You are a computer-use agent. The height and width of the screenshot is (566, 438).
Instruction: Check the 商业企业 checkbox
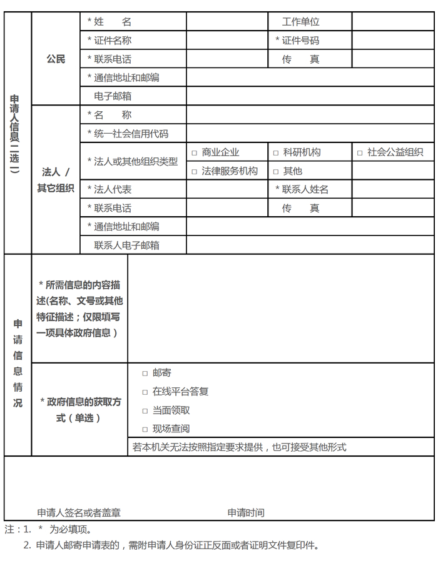tap(195, 153)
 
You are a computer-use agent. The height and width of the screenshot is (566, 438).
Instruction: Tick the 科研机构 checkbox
tap(276, 153)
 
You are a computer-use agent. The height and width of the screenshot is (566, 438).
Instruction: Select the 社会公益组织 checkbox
tap(360, 153)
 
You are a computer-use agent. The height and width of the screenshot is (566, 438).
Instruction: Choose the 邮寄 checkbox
tap(145, 374)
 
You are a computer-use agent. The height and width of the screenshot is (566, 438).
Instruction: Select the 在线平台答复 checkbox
tap(145, 392)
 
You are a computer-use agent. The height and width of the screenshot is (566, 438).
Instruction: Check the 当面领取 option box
tap(145, 411)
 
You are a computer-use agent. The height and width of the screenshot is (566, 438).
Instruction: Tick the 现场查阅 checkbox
tap(145, 430)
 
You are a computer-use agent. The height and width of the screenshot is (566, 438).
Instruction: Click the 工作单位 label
tap(300, 22)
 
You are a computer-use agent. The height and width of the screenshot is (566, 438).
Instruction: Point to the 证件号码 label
tap(297, 41)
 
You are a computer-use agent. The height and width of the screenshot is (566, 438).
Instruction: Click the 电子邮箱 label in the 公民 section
tap(113, 97)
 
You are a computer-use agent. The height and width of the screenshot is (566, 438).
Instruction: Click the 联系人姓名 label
tap(302, 189)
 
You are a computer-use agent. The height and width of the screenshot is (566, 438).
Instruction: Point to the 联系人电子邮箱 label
tap(126, 246)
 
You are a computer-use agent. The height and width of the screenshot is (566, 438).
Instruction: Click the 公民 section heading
tap(56, 59)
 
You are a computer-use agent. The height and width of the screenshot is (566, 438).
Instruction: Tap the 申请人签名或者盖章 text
tap(79, 513)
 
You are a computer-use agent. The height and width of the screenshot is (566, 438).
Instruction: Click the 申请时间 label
tap(246, 513)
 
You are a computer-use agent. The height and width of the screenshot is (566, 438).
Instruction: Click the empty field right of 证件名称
tap(227, 41)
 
